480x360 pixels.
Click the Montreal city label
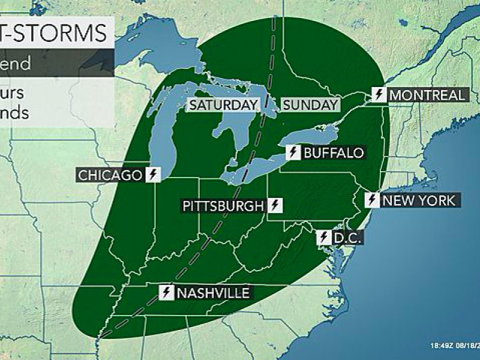[427, 95]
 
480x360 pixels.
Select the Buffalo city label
[334, 152]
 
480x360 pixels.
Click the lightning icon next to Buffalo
[293, 152]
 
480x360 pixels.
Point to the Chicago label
[109, 175]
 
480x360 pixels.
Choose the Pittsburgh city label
[223, 206]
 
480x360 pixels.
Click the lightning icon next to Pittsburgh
[275, 206]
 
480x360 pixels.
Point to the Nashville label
[212, 293]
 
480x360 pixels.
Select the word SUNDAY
[310, 105]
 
